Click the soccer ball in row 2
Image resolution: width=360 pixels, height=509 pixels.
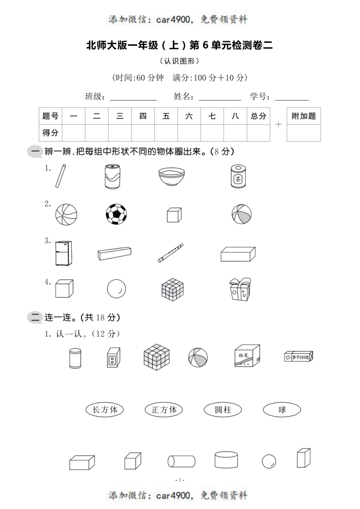(x=116, y=214)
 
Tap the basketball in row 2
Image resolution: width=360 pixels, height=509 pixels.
(x=66, y=215)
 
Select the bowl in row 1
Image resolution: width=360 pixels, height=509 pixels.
(x=172, y=176)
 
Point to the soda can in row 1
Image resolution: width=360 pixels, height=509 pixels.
(x=112, y=176)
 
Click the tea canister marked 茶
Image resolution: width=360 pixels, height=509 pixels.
(x=238, y=176)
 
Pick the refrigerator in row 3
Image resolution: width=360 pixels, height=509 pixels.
(x=64, y=253)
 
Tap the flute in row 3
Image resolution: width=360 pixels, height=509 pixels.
(x=171, y=253)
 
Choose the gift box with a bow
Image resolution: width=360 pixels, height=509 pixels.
(x=240, y=289)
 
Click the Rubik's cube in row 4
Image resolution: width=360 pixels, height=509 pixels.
(x=172, y=290)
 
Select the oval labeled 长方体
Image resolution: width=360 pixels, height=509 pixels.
(x=105, y=409)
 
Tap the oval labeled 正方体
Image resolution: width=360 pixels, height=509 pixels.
(x=164, y=409)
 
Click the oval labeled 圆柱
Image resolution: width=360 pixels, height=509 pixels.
(x=223, y=409)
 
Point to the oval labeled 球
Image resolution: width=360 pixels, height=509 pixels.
(x=282, y=409)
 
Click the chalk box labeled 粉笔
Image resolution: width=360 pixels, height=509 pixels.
(x=247, y=356)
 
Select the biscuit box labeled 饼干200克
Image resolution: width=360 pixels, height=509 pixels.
(x=299, y=357)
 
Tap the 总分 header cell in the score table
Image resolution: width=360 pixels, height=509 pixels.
(x=258, y=116)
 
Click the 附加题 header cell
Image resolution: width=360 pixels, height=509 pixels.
(x=304, y=116)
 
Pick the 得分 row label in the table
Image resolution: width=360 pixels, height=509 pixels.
(x=50, y=133)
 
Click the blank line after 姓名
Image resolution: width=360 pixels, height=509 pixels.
(x=220, y=98)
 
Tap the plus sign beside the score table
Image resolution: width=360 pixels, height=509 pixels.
(x=279, y=124)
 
